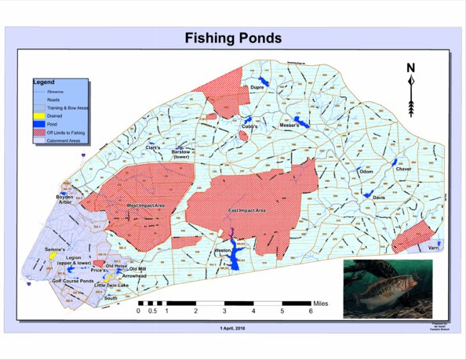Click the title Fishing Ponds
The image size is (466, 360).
(x=233, y=38)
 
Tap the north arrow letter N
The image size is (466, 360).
(x=410, y=67)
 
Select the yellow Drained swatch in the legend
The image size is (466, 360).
(x=40, y=116)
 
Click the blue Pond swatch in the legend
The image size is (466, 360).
(x=40, y=124)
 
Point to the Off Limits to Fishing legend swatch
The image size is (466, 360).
(x=40, y=132)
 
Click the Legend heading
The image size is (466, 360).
(x=42, y=82)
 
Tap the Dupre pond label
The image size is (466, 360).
(x=257, y=88)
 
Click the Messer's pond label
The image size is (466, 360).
(x=290, y=125)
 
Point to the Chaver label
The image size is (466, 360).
(x=403, y=169)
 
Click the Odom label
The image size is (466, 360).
(x=366, y=170)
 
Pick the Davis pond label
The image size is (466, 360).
(x=379, y=198)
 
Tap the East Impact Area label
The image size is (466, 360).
(x=248, y=210)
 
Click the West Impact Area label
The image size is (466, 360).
(x=146, y=205)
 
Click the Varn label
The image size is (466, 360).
(x=433, y=248)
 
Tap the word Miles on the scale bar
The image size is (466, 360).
(x=323, y=301)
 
